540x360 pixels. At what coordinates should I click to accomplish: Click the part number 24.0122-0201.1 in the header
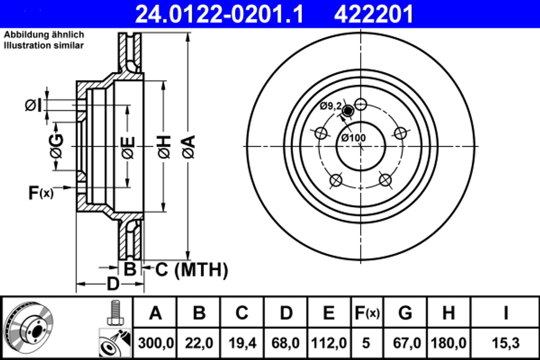[x=219, y=13]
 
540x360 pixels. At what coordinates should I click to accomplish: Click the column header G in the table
[x=405, y=313]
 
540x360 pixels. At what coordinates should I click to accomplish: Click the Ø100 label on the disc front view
[x=353, y=138]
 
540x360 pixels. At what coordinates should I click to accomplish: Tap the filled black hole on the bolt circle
[x=348, y=111]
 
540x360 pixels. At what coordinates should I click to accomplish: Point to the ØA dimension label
[x=188, y=147]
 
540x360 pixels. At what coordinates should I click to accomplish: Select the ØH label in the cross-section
[x=164, y=147]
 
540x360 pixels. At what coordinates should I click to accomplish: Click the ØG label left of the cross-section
[x=56, y=147]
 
